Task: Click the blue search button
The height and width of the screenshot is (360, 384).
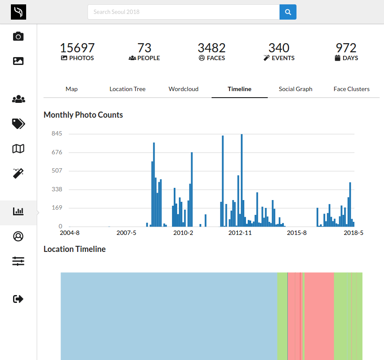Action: [288, 12]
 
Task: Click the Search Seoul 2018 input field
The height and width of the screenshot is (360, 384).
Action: [183, 12]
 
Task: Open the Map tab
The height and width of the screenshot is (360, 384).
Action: [71, 89]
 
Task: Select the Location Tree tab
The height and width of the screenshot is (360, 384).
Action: [128, 89]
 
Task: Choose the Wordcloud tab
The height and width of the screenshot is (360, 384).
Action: [183, 89]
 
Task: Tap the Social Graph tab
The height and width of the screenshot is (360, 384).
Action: [296, 89]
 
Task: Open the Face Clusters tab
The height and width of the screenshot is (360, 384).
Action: [351, 89]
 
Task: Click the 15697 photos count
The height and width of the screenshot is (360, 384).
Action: [77, 48]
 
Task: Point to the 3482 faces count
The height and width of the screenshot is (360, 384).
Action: [212, 48]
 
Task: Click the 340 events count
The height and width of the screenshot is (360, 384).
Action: [279, 48]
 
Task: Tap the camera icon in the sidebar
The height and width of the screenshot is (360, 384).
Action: [18, 36]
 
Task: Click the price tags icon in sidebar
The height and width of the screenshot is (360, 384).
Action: [18, 124]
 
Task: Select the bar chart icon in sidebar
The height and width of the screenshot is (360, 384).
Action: [18, 211]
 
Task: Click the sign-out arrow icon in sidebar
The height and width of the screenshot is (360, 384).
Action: [18, 299]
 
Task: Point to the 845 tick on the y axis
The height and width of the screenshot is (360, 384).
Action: [57, 134]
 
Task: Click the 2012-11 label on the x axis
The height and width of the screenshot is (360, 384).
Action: [240, 233]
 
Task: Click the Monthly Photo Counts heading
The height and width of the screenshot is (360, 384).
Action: [83, 115]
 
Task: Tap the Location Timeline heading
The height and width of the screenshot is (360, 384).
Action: [74, 249]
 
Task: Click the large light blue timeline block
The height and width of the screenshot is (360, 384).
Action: [169, 316]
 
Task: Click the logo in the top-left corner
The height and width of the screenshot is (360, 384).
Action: [18, 12]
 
